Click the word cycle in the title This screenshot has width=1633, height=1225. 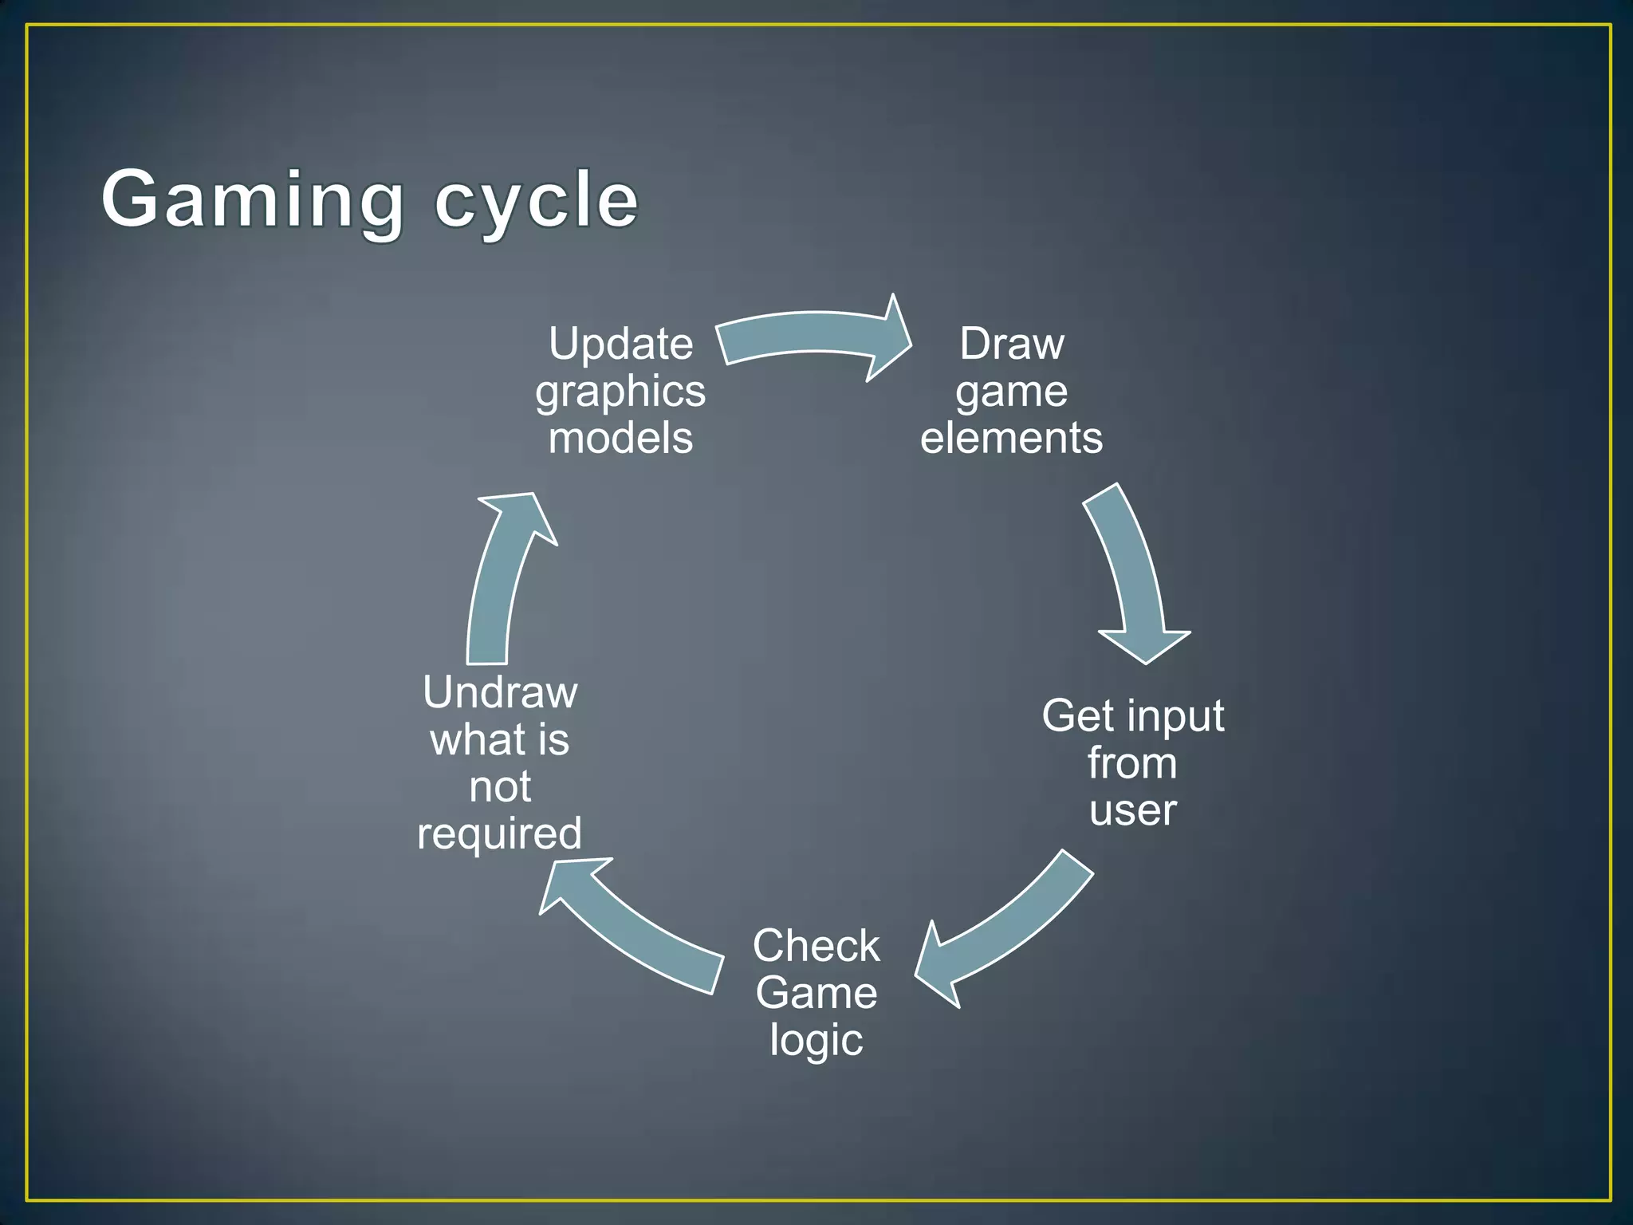536,201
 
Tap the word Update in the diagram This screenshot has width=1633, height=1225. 620,345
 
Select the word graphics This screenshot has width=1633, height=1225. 620,392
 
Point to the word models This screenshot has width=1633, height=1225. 620,439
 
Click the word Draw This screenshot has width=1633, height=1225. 1011,345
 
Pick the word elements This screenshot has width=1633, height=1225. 1011,439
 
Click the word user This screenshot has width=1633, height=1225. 1132,810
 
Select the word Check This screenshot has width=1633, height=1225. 816,946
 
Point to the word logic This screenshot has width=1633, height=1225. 816,1040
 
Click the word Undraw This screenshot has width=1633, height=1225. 500,692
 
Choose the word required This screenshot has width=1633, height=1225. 500,834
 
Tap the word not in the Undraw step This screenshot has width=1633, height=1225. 500,787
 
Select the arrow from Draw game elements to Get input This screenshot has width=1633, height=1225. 1132,574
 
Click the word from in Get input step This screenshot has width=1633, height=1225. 1132,763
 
